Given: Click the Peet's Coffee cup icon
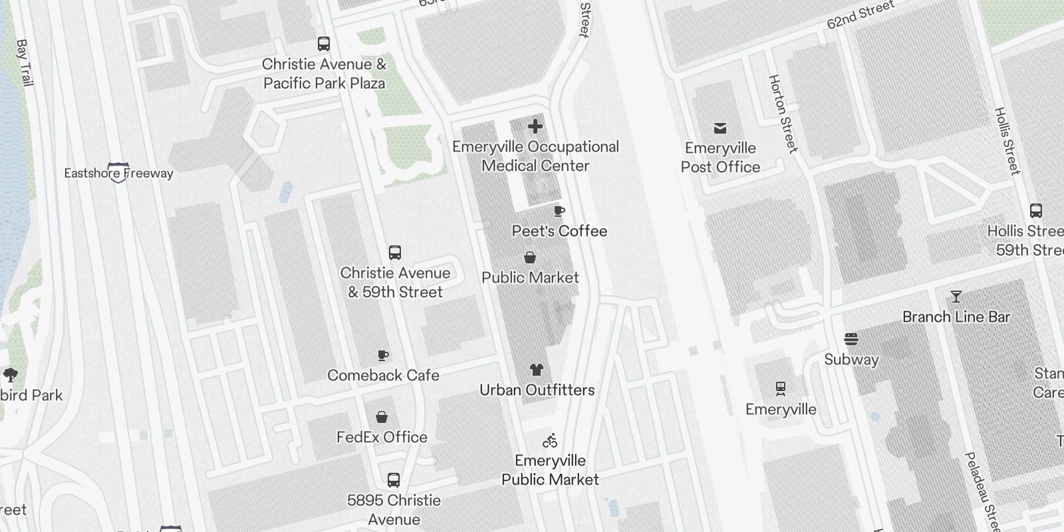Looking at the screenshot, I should tap(559, 211).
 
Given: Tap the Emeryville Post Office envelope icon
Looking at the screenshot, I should tap(720, 128).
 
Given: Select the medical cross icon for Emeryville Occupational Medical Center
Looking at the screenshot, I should tap(535, 126).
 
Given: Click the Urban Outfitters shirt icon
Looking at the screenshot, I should tap(537, 370).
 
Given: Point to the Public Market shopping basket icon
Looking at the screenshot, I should tap(530, 257).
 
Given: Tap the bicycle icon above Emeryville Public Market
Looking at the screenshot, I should tap(550, 440).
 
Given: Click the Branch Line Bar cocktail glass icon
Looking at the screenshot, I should tap(956, 297).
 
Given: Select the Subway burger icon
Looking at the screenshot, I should tap(851, 339).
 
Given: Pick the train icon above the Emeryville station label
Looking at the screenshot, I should tap(781, 388).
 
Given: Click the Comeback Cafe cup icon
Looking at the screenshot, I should tap(383, 355).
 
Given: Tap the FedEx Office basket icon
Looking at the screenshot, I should tap(382, 417).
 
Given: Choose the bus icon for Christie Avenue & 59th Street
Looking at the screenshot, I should tap(395, 253).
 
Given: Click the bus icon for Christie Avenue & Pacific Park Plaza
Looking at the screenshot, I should tap(324, 44).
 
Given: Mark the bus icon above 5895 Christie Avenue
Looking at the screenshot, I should tap(394, 480).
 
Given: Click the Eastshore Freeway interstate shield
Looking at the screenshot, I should tap(118, 172).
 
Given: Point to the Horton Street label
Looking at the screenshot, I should tap(783, 113).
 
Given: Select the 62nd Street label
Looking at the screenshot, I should tap(861, 15).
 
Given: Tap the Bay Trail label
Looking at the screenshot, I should tap(25, 63).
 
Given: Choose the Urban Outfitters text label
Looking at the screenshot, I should tap(537, 390).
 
